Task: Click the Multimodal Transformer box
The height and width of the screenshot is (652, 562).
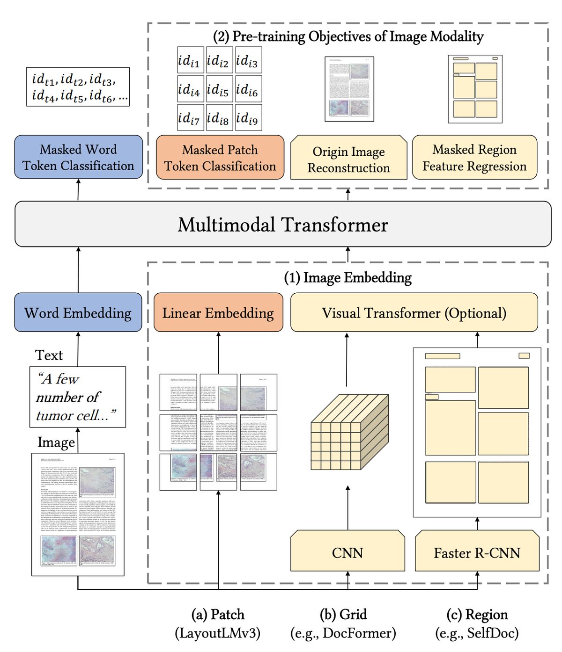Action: tap(283, 225)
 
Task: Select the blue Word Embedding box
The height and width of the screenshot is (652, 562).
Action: tap(78, 313)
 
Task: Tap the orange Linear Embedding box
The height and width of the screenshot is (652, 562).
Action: tap(218, 313)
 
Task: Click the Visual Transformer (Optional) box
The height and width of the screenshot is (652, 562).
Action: tap(414, 313)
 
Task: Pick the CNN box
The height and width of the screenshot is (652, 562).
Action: tap(348, 552)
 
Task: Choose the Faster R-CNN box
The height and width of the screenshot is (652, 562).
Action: tap(477, 552)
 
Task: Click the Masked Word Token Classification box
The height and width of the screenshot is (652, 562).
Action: tap(78, 158)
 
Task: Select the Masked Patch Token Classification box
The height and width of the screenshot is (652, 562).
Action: tap(220, 158)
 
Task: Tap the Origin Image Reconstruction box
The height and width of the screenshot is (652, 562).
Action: tap(348, 159)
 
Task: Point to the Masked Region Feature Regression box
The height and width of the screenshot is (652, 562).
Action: tap(474, 158)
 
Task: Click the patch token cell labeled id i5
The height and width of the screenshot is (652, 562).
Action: tap(219, 89)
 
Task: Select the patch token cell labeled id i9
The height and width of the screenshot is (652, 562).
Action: tap(248, 118)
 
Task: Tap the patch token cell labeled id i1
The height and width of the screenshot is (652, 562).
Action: tap(190, 61)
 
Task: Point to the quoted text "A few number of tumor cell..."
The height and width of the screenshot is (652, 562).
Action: tap(77, 397)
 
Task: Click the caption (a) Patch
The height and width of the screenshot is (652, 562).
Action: tap(218, 614)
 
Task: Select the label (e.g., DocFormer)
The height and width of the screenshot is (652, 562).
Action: tap(343, 633)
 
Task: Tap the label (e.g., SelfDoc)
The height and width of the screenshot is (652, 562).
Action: tap(477, 633)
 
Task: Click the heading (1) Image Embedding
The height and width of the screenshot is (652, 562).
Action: tap(348, 277)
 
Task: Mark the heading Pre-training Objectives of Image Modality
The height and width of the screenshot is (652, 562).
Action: tap(348, 36)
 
